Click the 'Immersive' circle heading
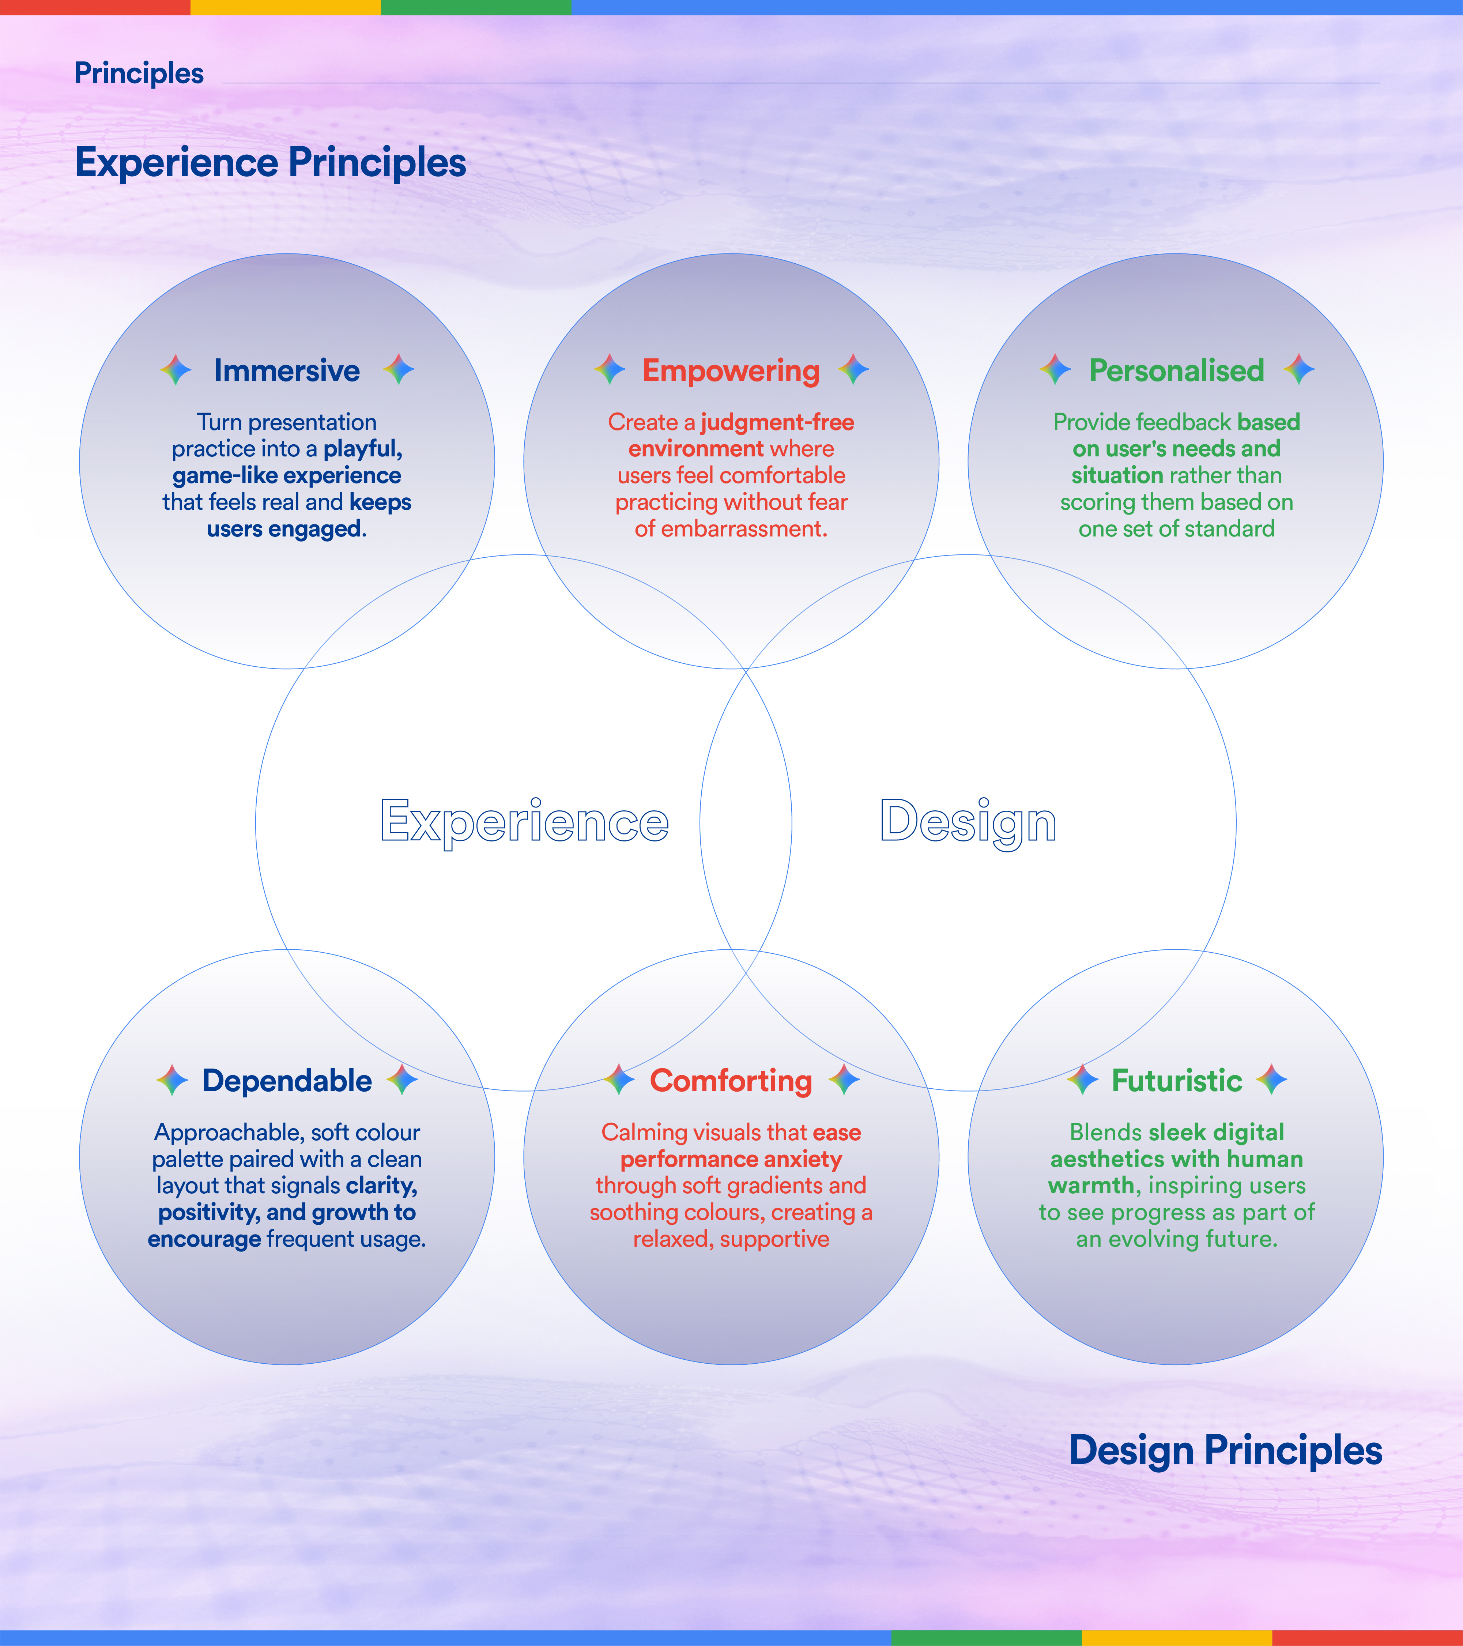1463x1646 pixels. [287, 370]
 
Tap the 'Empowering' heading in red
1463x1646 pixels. [731, 371]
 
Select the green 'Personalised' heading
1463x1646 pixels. [1176, 370]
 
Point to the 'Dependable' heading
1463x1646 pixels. [287, 1081]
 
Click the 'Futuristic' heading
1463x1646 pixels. [1176, 1081]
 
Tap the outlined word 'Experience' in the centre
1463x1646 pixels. [524, 822]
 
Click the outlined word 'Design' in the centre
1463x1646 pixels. [968, 822]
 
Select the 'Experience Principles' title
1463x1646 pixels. [271, 163]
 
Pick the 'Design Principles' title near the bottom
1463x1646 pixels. [1225, 1450]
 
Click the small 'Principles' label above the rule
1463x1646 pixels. [139, 73]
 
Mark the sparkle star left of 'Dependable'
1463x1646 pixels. [171, 1080]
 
